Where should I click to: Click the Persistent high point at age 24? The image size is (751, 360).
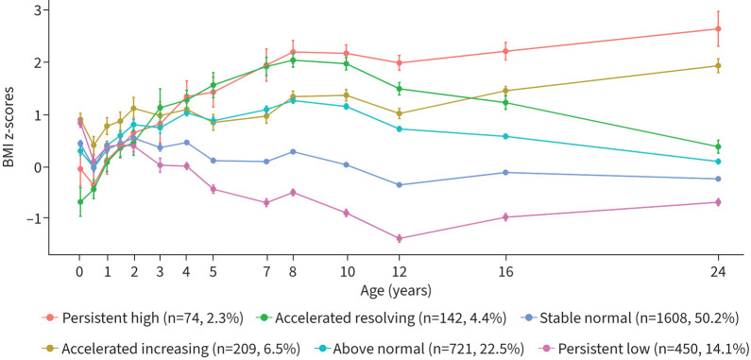718,28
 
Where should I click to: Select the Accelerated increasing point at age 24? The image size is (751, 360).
718,66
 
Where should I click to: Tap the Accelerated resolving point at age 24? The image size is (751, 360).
718,146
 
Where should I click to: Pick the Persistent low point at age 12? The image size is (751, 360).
399,238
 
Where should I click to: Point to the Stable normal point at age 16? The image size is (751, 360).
505,172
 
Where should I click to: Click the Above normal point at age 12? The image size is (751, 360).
399,129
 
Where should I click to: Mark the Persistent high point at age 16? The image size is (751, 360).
505,51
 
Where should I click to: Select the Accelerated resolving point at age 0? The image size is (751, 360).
80,202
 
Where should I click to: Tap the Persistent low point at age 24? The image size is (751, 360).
718,202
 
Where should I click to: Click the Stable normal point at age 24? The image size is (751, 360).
718,179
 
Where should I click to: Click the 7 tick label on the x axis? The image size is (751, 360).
266,272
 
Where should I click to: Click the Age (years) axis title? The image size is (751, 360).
396,290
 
